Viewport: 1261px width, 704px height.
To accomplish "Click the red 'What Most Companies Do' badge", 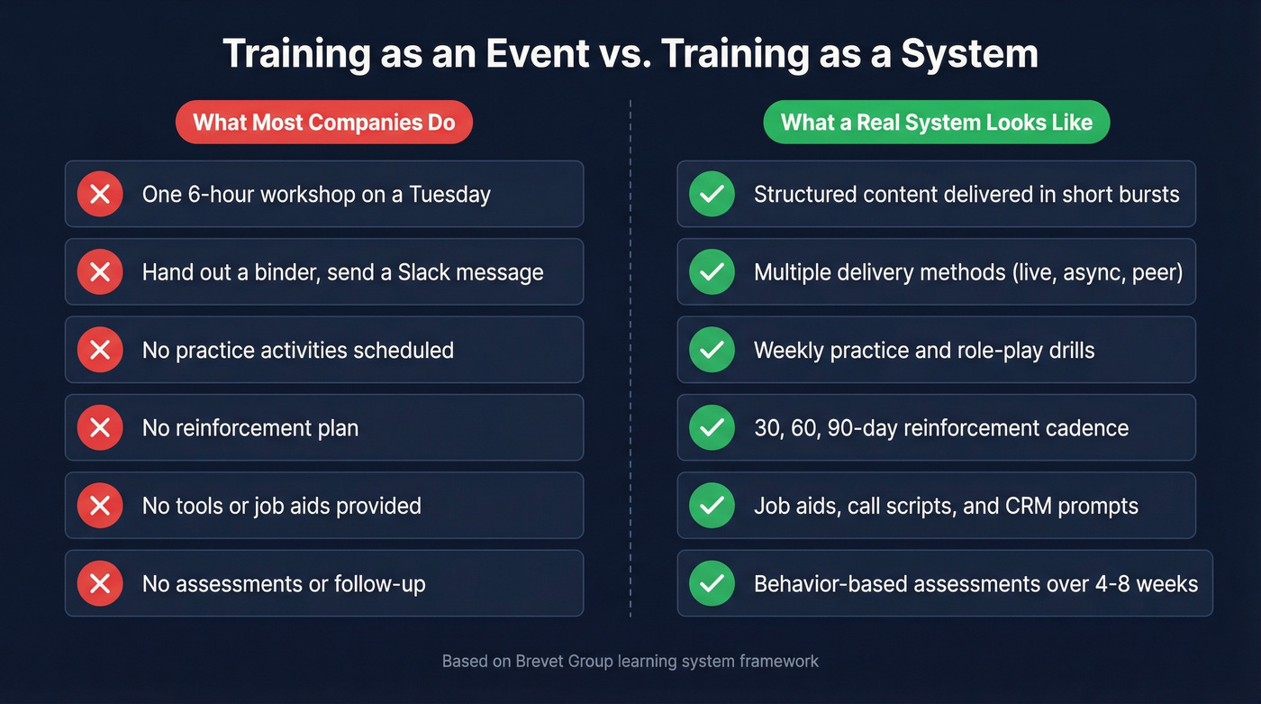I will [x=324, y=123].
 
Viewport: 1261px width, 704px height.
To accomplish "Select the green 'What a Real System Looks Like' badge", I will [x=936, y=123].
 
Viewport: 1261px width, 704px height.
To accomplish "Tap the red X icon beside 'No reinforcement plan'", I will [x=100, y=427].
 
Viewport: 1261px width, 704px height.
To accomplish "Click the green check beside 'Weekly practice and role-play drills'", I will [x=712, y=350].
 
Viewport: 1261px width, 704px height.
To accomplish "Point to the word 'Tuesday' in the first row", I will [x=449, y=194].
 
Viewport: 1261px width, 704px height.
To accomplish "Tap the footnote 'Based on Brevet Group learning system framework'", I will [x=630, y=662].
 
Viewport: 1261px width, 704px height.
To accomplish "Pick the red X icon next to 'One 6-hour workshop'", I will [x=100, y=194].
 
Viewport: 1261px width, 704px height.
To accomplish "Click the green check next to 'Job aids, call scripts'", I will [x=712, y=506].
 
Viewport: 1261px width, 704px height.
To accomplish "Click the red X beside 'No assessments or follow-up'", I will [x=100, y=584].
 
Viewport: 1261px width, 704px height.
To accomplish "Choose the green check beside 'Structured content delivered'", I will [x=712, y=194].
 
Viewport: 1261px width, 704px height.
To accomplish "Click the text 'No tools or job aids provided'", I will [x=281, y=506].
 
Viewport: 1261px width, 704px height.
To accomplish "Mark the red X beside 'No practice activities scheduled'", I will [x=100, y=350].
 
